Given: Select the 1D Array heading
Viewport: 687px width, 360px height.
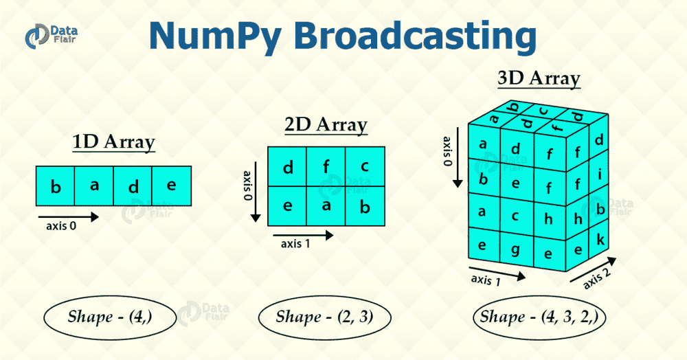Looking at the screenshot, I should point(114,143).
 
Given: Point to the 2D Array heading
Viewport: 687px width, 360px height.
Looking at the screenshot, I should point(326,126).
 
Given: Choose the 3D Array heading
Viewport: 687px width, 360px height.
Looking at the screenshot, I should point(539,79).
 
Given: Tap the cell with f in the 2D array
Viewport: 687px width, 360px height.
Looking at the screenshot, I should point(326,166).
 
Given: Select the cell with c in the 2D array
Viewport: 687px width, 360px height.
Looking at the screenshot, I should point(364,166).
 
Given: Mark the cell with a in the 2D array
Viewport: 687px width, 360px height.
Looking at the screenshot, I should point(326,206).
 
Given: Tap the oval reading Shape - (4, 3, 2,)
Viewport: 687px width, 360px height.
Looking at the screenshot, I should point(539,317).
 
